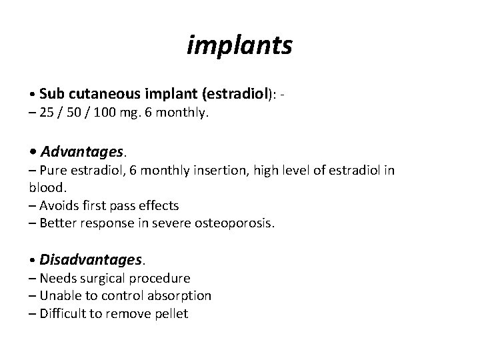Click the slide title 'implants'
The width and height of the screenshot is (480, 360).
pos(239,45)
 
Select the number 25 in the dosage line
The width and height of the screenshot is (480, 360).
pos(47,113)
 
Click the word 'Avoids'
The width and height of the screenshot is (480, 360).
pos(59,205)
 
